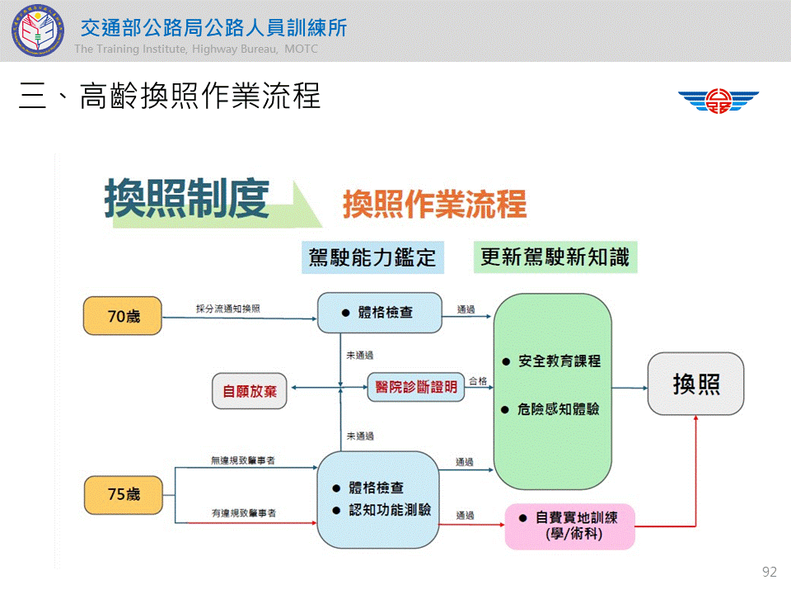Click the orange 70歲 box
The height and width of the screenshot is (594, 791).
123,316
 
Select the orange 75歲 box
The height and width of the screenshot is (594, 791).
124,494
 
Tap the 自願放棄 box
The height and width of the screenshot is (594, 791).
250,391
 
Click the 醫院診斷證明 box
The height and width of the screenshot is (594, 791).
416,388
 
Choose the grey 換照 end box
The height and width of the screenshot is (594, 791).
696,384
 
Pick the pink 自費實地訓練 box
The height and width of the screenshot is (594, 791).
570,526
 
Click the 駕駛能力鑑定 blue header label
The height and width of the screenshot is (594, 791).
372,257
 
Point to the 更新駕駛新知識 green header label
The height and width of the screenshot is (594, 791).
555,257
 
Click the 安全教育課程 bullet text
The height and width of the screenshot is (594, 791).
559,361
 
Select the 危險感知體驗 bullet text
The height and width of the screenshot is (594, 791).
559,409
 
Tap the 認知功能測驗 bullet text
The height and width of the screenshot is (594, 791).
390,510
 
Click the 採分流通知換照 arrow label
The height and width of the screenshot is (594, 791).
228,309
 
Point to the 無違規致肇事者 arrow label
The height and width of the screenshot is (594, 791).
243,460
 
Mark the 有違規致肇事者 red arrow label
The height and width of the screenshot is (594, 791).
244,513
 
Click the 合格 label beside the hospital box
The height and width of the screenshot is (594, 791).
478,381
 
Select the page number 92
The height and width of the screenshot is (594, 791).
770,572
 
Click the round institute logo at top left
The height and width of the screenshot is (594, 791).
38,31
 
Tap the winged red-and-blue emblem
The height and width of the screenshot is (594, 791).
718,101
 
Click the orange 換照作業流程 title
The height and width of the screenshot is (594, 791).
435,205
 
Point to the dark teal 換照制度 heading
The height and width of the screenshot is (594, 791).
187,199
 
